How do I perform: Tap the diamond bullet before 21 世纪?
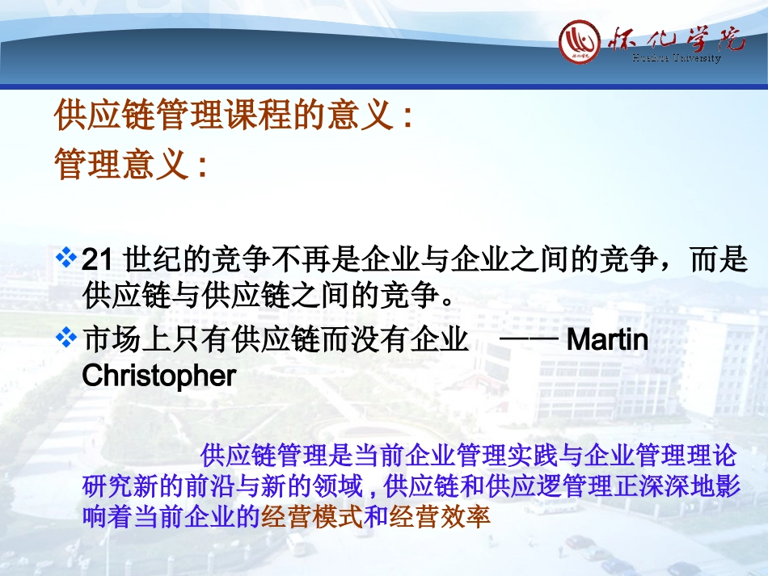(68, 259)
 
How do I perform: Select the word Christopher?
(159, 376)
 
